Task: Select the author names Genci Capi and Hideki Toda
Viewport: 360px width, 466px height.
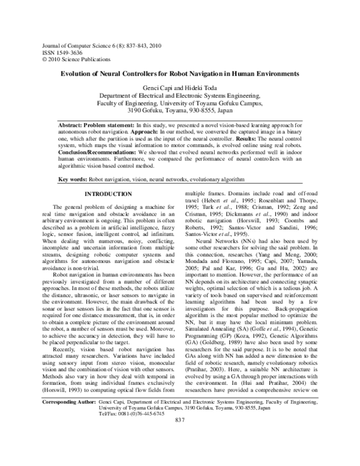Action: pyautogui.click(x=179, y=88)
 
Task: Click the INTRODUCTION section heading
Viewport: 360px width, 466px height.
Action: pyautogui.click(x=107, y=194)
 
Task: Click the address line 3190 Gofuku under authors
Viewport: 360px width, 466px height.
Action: pyautogui.click(x=179, y=110)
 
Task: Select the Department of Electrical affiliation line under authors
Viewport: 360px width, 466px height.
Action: pyautogui.click(x=179, y=96)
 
